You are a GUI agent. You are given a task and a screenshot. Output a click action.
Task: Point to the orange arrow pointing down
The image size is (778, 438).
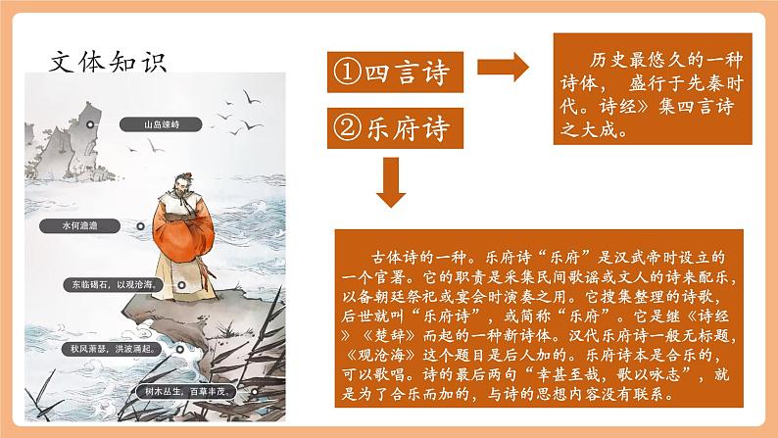click(391, 180)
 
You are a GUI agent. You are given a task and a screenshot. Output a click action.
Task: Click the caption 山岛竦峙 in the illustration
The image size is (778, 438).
click(162, 124)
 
